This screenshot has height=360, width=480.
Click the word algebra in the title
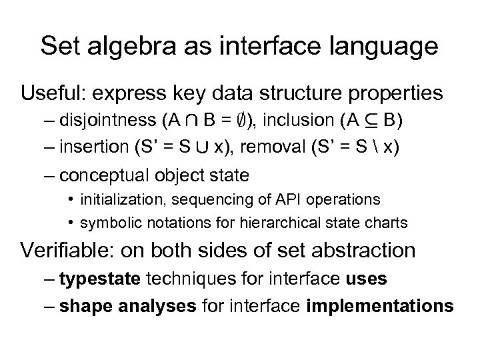[133, 47]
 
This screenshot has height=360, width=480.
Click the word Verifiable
[65, 251]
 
